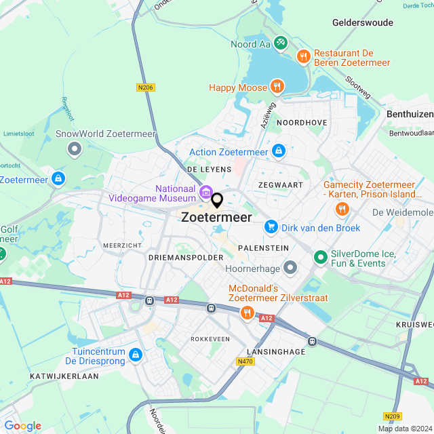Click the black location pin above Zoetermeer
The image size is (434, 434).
pyautogui.click(x=217, y=200)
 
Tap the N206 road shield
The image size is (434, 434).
pyautogui.click(x=144, y=87)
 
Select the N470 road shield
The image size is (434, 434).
pyautogui.click(x=245, y=362)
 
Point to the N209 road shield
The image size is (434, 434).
pyautogui.click(x=391, y=416)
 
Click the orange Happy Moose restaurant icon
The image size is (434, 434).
pyautogui.click(x=276, y=86)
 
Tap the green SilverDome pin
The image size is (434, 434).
pyautogui.click(x=320, y=258)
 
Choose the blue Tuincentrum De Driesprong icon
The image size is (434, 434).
pyautogui.click(x=136, y=355)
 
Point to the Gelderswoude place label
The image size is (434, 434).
pyautogui.click(x=363, y=22)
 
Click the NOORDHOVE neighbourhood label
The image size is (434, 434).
pyautogui.click(x=302, y=123)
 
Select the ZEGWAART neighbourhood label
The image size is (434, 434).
pyautogui.click(x=279, y=184)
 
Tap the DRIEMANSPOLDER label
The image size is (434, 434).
pyautogui.click(x=185, y=258)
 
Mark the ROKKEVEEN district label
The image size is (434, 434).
pyautogui.click(x=210, y=339)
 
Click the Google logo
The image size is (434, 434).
pyautogui.click(x=22, y=425)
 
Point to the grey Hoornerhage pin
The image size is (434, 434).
pyautogui.click(x=290, y=268)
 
